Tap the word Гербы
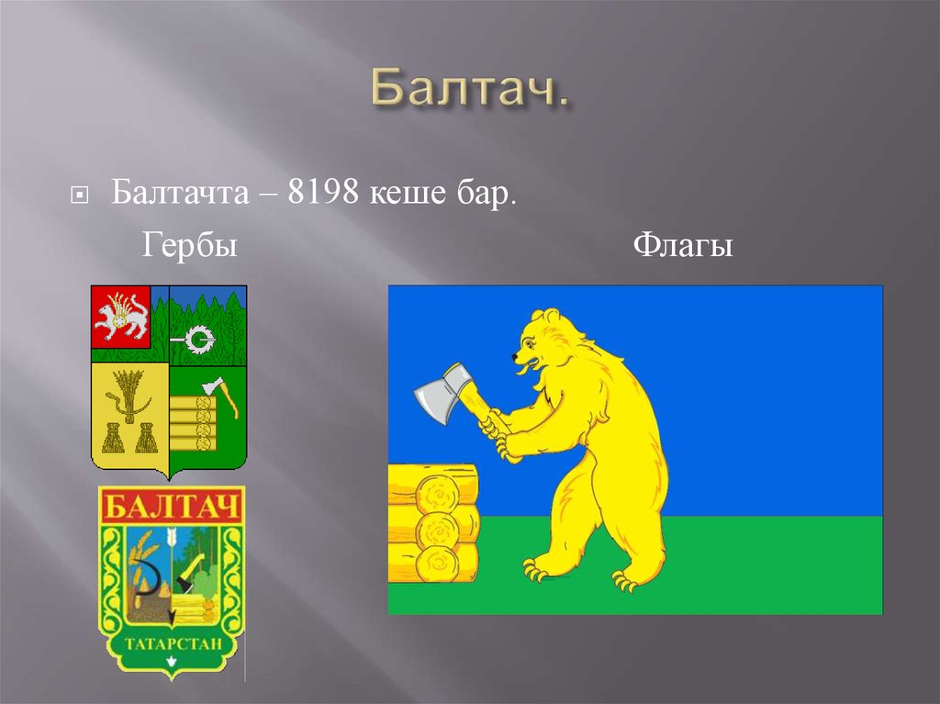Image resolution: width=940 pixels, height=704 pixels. (x=189, y=246)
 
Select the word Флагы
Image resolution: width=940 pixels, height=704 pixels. (x=683, y=246)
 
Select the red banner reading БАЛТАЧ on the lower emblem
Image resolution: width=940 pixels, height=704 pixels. (x=171, y=507)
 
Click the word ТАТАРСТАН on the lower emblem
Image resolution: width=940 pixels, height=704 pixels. (x=171, y=643)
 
